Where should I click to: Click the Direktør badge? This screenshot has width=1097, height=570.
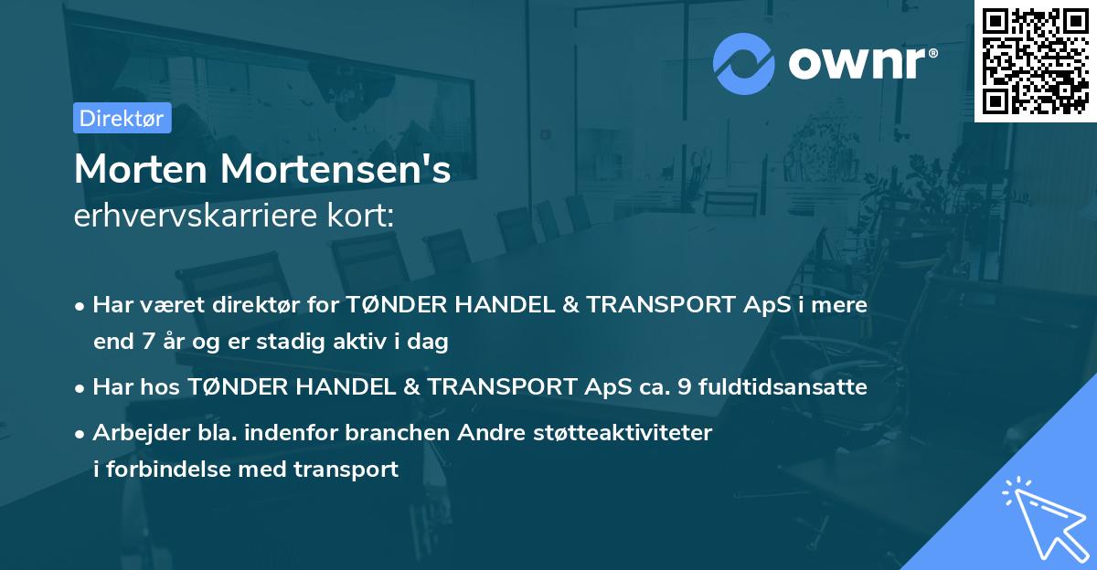(x=122, y=118)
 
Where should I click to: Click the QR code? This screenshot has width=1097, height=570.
(x=1035, y=60)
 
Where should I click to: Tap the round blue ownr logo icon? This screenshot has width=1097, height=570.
(x=744, y=64)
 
